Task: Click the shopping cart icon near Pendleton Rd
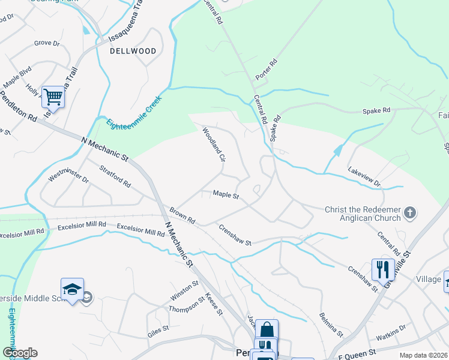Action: [x=53, y=96]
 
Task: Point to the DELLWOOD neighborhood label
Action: [x=133, y=51]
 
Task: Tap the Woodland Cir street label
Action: [x=213, y=145]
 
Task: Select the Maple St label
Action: [x=226, y=195]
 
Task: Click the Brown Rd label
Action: [x=182, y=216]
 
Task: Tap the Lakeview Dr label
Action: [x=364, y=176]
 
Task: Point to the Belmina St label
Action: [x=331, y=325]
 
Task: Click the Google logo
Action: [x=20, y=353]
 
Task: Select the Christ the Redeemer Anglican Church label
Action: [x=362, y=214]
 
